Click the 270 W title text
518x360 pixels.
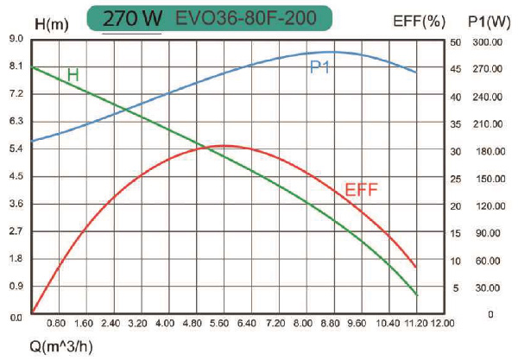(132, 18)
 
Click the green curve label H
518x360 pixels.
(73, 75)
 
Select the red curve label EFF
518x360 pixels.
(362, 190)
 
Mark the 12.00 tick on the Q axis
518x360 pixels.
(442, 324)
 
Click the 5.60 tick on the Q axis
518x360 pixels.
(220, 324)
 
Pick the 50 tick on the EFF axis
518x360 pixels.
(457, 41)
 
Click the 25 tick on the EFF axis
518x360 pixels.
(457, 179)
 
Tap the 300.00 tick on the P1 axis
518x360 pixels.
(490, 41)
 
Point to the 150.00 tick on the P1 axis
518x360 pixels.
(490, 179)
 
